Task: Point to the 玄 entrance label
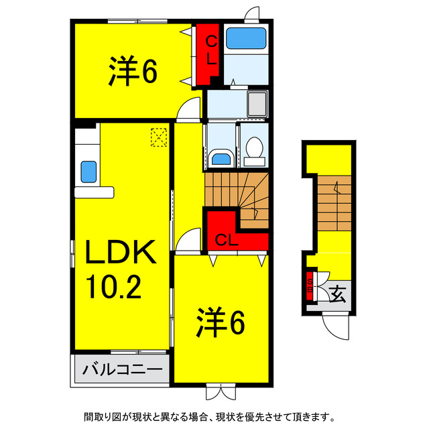pos(337,293)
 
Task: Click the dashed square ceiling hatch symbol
pos(158,137)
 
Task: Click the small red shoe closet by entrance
pos(310,286)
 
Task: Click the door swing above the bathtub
pos(251,13)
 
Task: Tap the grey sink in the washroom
pos(257,105)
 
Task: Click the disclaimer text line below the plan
pos(214,416)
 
